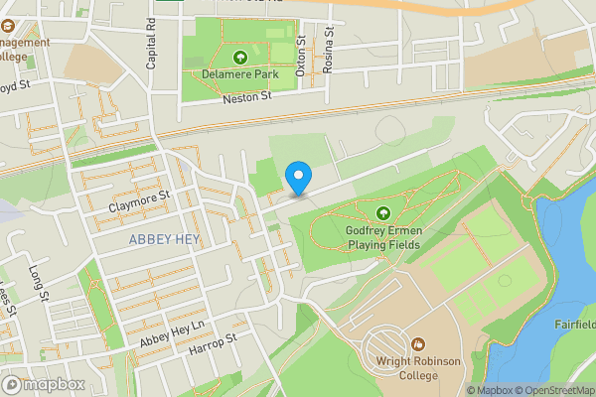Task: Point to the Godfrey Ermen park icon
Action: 383,212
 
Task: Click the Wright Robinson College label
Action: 418,369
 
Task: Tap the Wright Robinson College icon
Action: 418,343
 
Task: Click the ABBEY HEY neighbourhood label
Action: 164,240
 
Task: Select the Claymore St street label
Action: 139,202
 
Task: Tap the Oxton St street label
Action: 300,57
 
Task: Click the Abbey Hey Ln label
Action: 171,333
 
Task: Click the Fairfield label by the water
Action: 574,325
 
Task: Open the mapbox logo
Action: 44,384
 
